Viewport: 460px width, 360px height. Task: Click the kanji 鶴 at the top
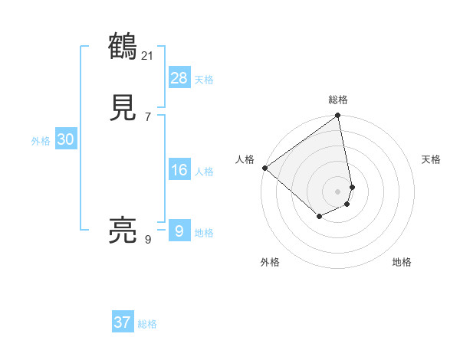tap(123, 46)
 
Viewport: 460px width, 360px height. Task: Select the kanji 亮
tap(123, 230)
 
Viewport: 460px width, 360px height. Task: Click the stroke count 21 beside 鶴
tap(148, 55)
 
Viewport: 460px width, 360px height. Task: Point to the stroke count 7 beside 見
tap(148, 117)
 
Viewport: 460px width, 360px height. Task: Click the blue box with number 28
tap(179, 78)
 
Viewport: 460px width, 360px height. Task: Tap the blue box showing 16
tap(179, 170)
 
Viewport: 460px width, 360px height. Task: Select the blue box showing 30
tap(65, 139)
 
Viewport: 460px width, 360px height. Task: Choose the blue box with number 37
tap(122, 322)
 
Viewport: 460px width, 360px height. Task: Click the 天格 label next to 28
tap(204, 80)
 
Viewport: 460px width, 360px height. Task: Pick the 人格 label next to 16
tap(204, 172)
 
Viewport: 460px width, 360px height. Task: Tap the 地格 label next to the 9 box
tap(204, 233)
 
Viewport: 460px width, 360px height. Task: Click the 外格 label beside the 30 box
tap(41, 141)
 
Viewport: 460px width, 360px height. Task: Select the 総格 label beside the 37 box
tap(147, 324)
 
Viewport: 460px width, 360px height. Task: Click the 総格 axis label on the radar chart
tap(338, 100)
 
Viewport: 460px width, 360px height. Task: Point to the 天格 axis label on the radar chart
tap(431, 159)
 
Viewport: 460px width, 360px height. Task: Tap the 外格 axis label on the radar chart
tap(270, 263)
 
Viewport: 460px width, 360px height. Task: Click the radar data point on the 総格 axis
tap(338, 116)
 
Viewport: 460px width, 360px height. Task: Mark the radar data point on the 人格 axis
tap(264, 168)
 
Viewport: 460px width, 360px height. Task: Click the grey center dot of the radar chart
tap(338, 191)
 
